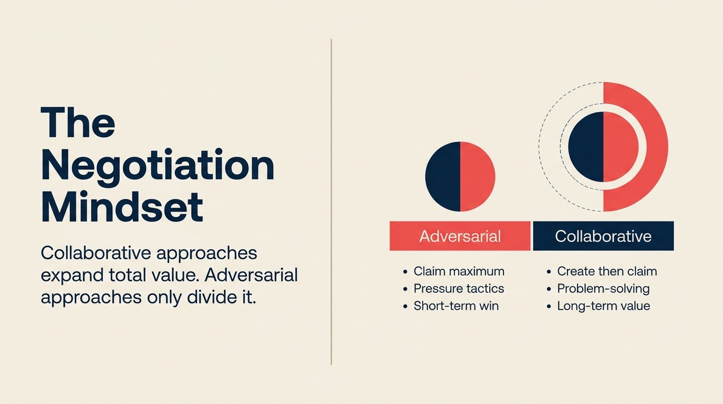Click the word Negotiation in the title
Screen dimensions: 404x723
158,165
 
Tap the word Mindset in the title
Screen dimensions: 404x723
122,207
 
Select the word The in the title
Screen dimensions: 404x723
78,123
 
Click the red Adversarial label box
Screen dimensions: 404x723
460,236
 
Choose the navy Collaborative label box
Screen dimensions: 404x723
603,236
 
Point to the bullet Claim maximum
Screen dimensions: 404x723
459,271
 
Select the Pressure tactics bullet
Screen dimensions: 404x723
459,289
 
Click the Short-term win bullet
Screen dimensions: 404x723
456,306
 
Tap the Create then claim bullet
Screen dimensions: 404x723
607,271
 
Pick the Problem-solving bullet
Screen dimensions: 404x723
603,289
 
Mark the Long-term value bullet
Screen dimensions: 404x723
603,306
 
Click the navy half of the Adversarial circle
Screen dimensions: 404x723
443,177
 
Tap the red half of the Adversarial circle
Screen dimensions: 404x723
478,177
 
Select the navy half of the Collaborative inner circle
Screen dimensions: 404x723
586,147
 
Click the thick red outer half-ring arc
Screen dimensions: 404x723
657,147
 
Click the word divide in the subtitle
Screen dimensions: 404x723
209,297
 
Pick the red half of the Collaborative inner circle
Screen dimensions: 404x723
621,147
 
